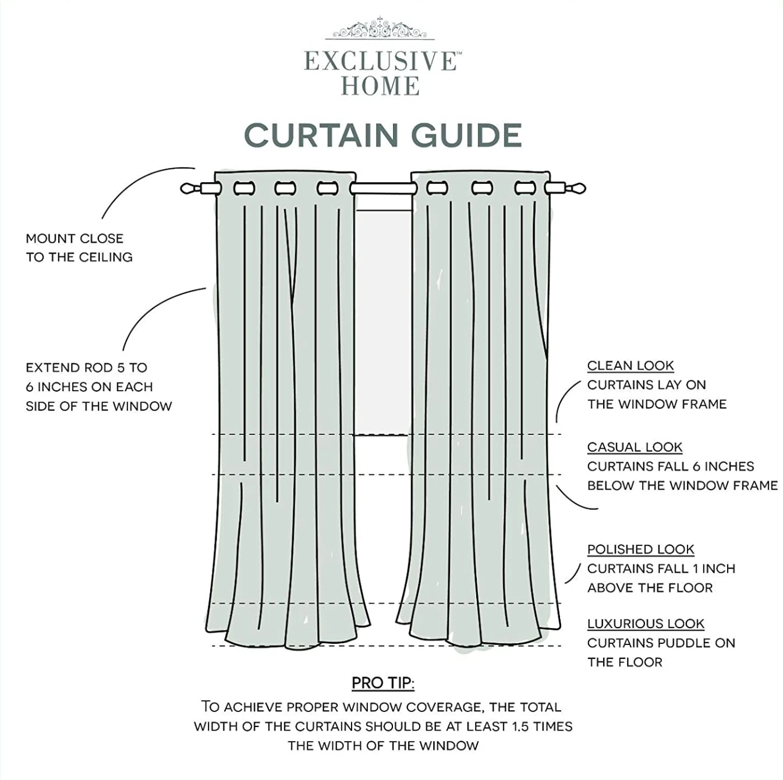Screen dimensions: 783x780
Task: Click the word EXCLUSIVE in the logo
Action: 380,61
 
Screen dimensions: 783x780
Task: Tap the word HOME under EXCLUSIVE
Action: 380,86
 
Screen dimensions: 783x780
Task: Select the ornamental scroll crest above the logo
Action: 380,29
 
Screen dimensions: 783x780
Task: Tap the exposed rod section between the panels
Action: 383,189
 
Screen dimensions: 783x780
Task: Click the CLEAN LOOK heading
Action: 630,366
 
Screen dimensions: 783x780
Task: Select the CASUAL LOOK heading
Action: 635,447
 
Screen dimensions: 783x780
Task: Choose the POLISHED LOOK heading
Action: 641,549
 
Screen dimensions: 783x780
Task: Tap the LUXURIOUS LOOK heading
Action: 646,623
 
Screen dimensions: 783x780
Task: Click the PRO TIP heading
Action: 382,683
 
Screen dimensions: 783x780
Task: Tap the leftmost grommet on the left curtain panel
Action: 244,188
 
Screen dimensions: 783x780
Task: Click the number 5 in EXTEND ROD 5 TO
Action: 121,368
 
